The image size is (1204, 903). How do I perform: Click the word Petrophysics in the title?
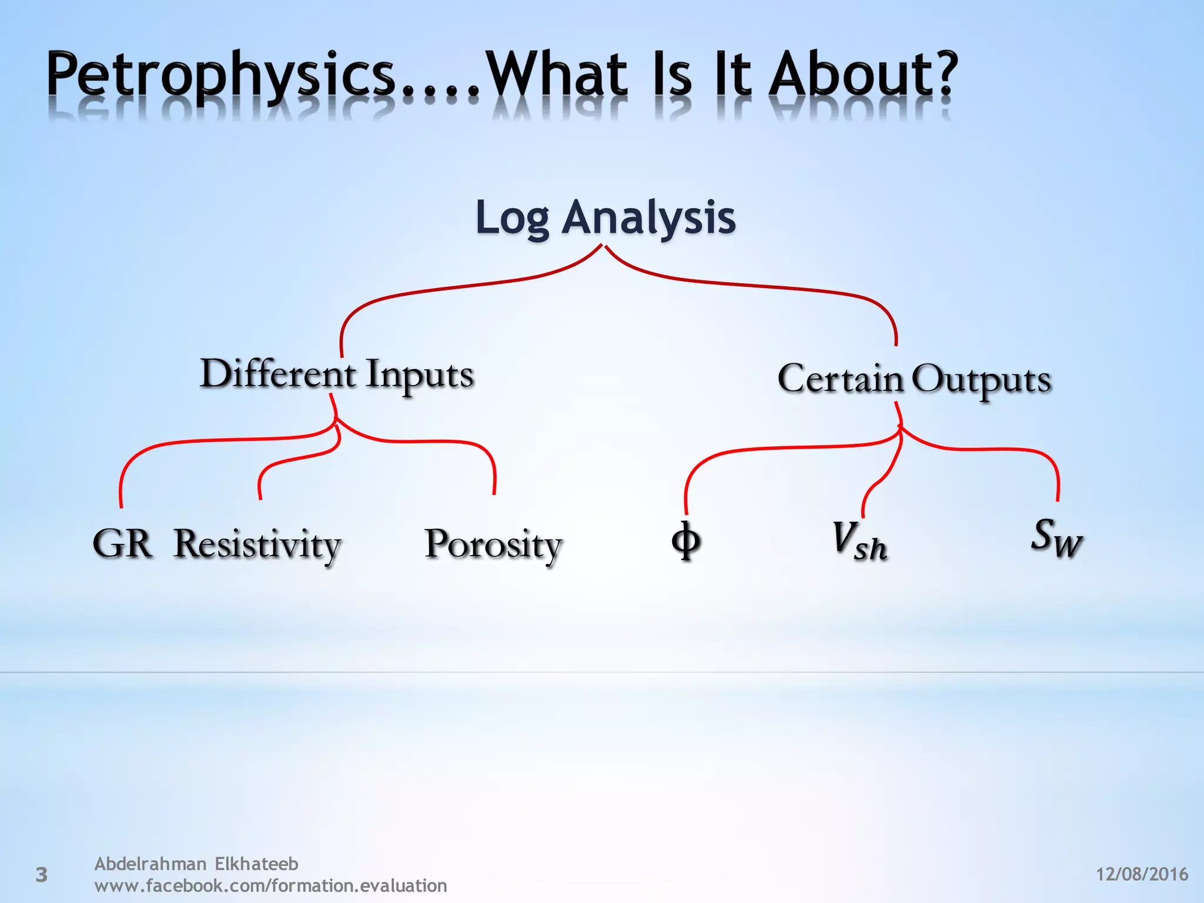click(220, 76)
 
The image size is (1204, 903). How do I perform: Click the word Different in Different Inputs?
click(277, 374)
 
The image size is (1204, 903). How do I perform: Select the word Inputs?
click(419, 375)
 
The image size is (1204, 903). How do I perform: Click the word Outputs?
click(981, 380)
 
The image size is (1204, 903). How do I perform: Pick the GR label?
click(122, 543)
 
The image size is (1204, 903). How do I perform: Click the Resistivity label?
click(257, 544)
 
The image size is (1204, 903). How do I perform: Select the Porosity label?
click(493, 544)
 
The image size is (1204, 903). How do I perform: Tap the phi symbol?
click(685, 541)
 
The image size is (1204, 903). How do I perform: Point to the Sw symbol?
click(1056, 537)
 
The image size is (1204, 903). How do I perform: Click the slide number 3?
click(41, 875)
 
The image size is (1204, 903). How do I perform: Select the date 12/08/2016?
click(1142, 874)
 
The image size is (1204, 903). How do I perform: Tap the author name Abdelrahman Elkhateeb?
click(196, 864)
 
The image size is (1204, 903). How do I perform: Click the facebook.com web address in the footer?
click(270, 885)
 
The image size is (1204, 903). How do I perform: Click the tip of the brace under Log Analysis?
click(603, 247)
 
